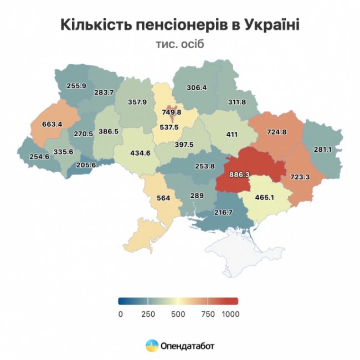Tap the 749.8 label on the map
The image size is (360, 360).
171,112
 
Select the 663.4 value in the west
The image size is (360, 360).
52,124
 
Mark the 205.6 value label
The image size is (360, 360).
85,164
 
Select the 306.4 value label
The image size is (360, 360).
197,88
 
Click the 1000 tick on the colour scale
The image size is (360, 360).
230,314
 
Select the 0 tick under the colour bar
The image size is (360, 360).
120,314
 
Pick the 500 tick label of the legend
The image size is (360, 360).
177,314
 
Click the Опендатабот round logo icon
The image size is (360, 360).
151,346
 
